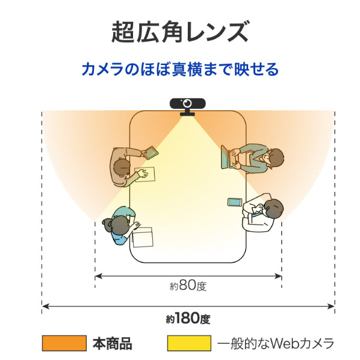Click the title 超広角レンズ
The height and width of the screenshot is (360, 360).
(180, 32)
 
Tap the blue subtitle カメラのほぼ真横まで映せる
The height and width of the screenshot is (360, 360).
(180, 69)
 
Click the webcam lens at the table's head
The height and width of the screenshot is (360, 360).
(188, 103)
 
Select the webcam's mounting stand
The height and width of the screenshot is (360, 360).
(188, 113)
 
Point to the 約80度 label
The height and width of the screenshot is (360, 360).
(188, 285)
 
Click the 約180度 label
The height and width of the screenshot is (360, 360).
(188, 318)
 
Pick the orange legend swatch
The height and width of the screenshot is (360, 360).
(64, 343)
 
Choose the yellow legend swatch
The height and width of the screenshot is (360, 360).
(189, 343)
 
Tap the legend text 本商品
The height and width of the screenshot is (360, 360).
(112, 343)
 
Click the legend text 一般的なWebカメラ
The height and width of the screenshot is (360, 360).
(276, 343)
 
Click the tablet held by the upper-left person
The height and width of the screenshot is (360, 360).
(150, 152)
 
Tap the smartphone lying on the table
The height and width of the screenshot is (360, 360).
(235, 202)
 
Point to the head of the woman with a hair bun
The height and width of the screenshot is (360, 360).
(116, 226)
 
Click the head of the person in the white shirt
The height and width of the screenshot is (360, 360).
(273, 208)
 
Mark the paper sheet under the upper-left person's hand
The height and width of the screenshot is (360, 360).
(145, 174)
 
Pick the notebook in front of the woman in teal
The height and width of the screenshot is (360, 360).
(143, 237)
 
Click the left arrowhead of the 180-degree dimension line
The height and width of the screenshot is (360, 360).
(46, 306)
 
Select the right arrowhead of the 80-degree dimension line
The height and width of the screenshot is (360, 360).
(279, 276)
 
